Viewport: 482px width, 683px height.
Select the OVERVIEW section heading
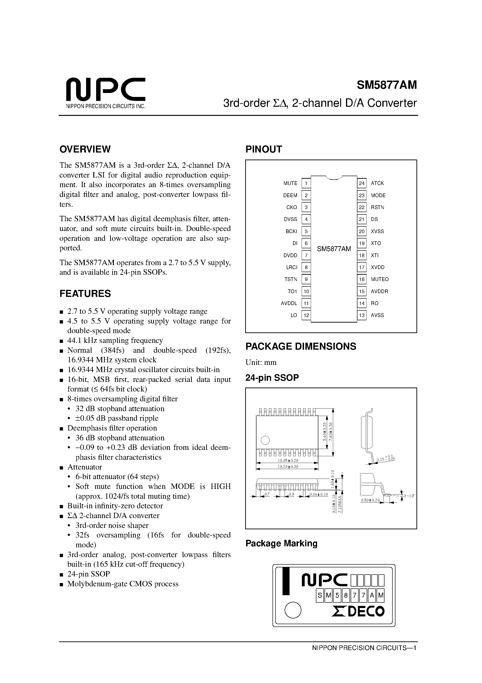[x=85, y=149]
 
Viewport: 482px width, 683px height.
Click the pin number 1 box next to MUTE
[x=306, y=183]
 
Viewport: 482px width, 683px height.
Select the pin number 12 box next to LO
[x=306, y=315]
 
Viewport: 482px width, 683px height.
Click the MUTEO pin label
[x=380, y=279]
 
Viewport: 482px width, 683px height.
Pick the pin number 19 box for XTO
[x=361, y=243]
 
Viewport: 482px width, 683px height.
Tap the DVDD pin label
[x=290, y=255]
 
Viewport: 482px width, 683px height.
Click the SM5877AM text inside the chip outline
[x=334, y=249]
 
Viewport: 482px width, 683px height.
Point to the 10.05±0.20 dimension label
[x=287, y=460]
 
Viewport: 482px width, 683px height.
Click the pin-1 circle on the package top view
[x=265, y=440]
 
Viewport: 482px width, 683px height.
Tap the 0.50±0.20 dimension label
[x=370, y=500]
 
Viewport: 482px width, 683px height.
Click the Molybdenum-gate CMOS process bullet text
[x=123, y=584]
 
